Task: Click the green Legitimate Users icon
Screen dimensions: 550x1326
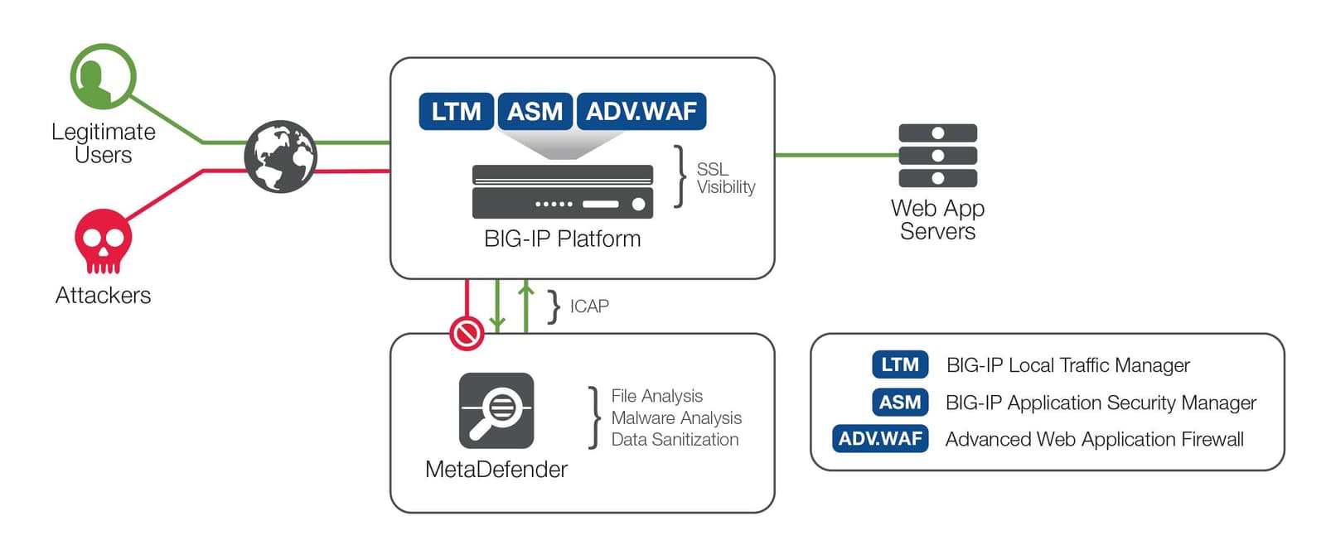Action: [103, 77]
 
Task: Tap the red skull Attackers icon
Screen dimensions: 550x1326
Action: [103, 240]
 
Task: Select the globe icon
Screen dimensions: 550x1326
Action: [280, 157]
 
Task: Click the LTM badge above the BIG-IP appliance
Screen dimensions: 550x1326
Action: [456, 112]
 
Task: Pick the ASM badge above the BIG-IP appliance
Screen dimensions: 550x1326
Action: [535, 112]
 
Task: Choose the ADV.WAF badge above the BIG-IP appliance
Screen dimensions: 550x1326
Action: [641, 112]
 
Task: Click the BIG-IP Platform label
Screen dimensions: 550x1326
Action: [562, 239]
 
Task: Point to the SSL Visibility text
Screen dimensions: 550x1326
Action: [724, 178]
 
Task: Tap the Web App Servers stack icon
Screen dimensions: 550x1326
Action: [937, 156]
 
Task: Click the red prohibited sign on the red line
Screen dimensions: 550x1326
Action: [467, 334]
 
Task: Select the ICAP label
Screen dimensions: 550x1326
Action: [589, 306]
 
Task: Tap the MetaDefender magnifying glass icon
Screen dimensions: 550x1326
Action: [496, 410]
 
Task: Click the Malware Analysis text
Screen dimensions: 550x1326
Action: [676, 418]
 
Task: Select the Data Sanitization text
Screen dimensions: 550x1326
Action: [675, 440]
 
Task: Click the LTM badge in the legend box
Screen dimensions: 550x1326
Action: [899, 364]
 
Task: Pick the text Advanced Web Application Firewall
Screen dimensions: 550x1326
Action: [1094, 439]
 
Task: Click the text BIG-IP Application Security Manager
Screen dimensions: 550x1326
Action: [1101, 403]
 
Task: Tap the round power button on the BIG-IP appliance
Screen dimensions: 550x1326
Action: [638, 204]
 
